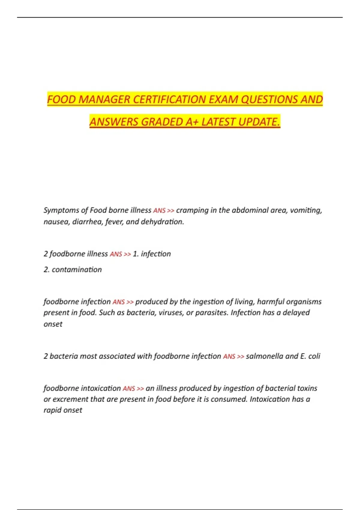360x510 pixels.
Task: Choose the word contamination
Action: click(77, 269)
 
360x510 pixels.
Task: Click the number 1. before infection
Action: click(136, 254)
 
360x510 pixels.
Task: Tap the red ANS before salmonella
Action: click(229, 356)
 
